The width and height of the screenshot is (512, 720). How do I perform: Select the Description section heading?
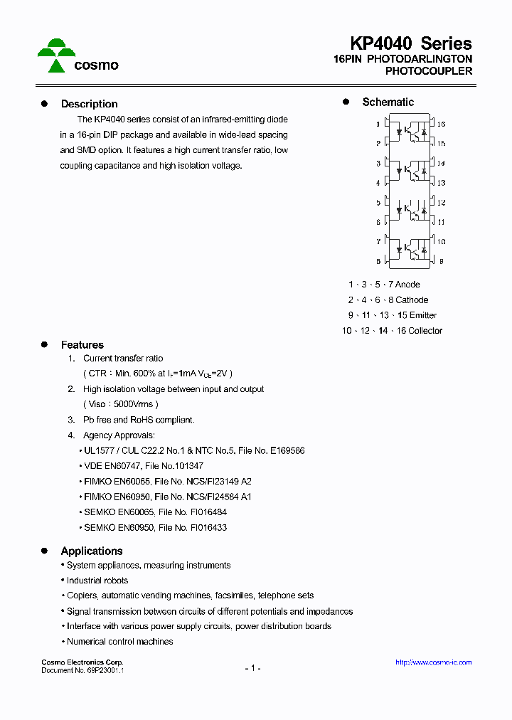click(x=89, y=104)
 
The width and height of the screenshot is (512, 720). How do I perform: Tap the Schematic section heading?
click(x=388, y=102)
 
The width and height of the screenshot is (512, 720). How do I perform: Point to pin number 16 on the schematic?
click(x=441, y=125)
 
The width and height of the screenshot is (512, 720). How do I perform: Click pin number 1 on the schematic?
click(x=378, y=125)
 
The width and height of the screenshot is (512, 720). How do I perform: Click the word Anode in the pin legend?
click(x=407, y=285)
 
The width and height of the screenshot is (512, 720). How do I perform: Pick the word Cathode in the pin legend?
click(x=412, y=300)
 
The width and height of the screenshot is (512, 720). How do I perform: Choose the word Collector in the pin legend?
click(x=425, y=331)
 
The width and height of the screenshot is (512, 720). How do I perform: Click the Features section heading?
click(x=82, y=345)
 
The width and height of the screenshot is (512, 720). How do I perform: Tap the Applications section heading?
click(x=91, y=551)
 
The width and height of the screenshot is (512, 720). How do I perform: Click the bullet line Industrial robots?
click(x=97, y=581)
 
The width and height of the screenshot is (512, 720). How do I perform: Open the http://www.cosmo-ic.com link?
click(x=433, y=662)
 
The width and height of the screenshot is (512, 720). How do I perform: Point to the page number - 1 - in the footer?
click(x=252, y=668)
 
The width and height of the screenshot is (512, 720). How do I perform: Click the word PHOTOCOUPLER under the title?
click(x=428, y=71)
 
